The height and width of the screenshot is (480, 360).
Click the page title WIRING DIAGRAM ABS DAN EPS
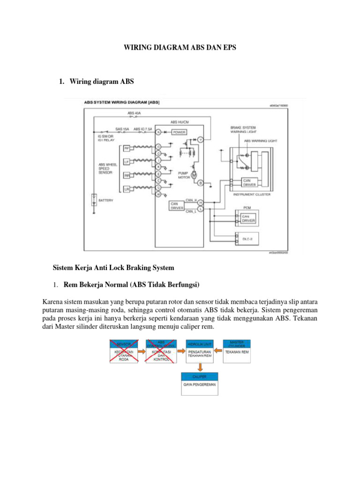pyautogui.click(x=180, y=47)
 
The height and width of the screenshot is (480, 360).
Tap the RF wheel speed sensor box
pyautogui.click(x=126, y=149)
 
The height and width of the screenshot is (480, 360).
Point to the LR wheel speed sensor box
pyautogui.click(x=126, y=189)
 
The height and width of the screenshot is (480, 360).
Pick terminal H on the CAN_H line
pyautogui.click(x=200, y=202)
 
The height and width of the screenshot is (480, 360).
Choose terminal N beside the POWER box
pyautogui.click(x=158, y=132)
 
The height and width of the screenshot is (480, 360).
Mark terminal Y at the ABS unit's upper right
pyautogui.click(x=200, y=140)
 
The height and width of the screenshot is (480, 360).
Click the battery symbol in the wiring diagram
pyautogui.click(x=94, y=200)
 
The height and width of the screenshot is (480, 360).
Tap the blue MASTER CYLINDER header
pyautogui.click(x=237, y=344)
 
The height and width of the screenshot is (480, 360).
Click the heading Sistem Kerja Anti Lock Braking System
pyautogui.click(x=114, y=268)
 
